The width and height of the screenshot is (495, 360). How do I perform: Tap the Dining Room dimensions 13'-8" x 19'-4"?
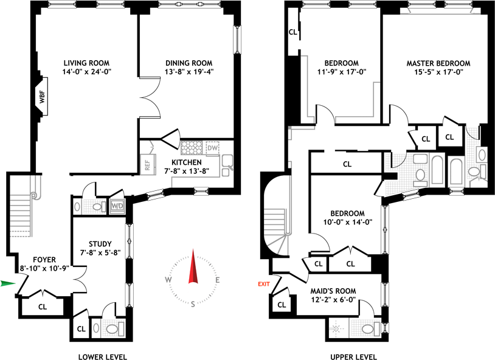[x=189, y=72]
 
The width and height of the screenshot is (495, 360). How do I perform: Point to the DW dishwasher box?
[x=212, y=148]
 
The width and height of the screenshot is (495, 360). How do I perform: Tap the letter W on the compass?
[x=167, y=280]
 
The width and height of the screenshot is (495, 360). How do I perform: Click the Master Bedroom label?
[x=438, y=63]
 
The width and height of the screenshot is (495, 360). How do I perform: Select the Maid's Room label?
[x=334, y=291]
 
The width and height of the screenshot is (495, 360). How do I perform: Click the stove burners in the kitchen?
[x=193, y=148]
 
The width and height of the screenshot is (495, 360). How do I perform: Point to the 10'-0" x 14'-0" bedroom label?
[x=347, y=222]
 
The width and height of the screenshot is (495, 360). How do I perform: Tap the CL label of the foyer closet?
[x=43, y=306]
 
